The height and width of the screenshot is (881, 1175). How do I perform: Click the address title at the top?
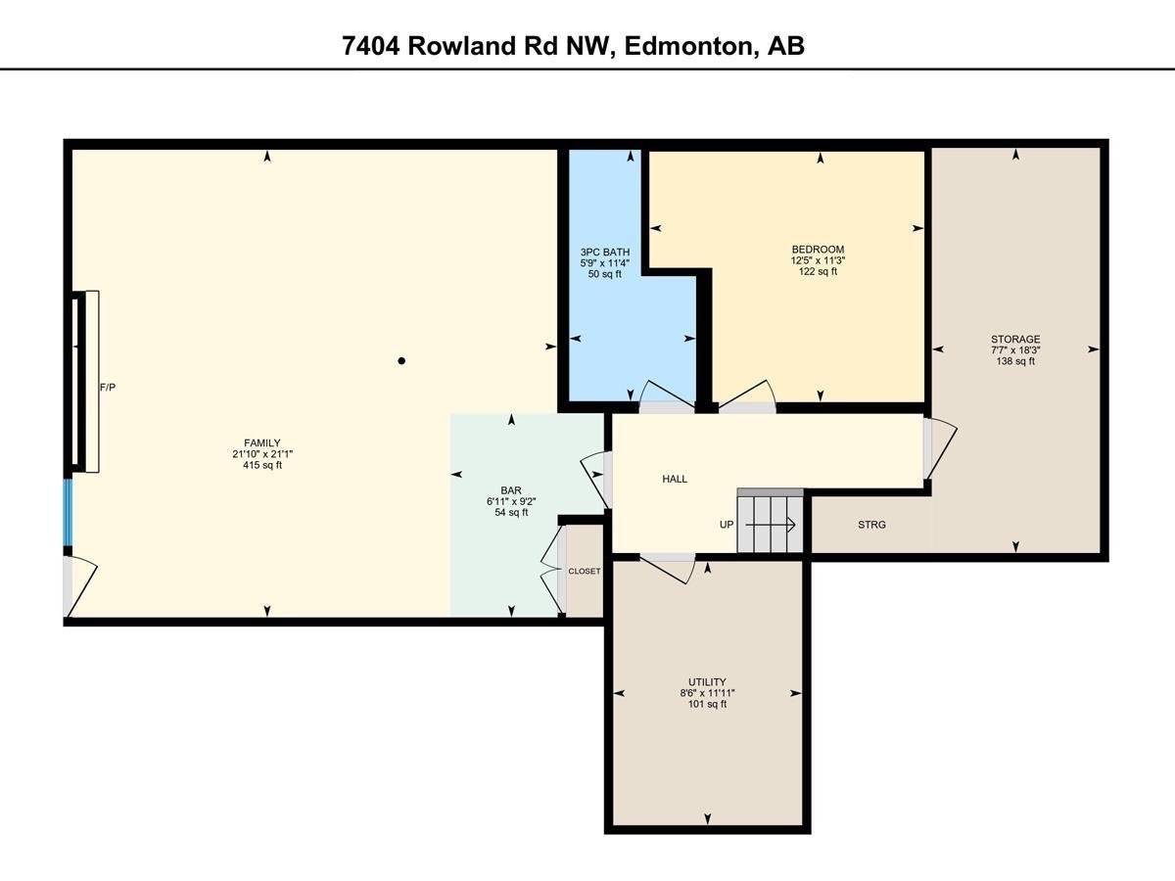click(574, 46)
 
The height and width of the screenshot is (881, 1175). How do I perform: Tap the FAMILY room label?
click(262, 442)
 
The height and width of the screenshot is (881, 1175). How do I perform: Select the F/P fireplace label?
click(108, 388)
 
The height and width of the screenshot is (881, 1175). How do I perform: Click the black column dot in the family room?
click(401, 361)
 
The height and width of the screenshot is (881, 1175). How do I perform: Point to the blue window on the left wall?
click(69, 512)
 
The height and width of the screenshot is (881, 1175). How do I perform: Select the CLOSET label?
click(585, 571)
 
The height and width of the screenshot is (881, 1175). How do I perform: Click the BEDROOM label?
click(818, 250)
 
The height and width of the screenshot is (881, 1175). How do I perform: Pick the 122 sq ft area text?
click(818, 272)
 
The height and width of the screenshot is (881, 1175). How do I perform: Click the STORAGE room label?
click(1015, 340)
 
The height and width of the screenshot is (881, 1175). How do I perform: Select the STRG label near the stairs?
click(871, 525)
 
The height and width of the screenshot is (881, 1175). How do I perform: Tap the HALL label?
click(675, 479)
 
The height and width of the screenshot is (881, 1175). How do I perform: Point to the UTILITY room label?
click(706, 681)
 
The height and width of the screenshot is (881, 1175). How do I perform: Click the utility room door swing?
click(670, 566)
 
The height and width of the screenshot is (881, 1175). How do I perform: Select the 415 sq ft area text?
click(262, 466)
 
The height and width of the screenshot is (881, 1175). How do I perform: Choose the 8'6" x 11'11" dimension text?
click(706, 692)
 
